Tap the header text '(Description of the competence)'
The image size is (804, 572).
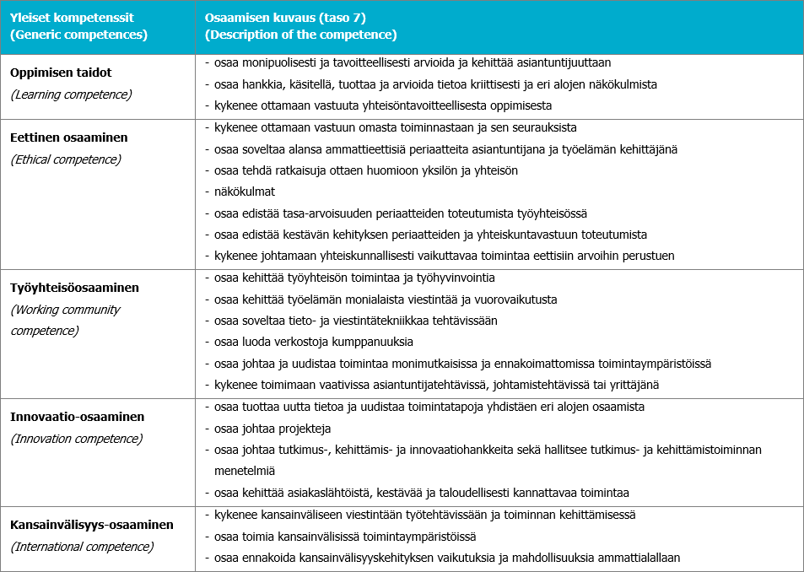tap(300, 35)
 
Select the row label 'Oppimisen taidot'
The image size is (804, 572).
tap(61, 73)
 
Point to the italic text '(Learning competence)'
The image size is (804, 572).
tap(71, 94)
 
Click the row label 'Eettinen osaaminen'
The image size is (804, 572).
tap(69, 137)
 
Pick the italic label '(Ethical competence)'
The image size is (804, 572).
tap(66, 159)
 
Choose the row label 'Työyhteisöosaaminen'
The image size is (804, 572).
tap(74, 288)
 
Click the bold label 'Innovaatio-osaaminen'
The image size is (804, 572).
tap(78, 417)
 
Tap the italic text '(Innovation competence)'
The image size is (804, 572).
tap(76, 439)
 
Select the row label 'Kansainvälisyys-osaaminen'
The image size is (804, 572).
tap(92, 525)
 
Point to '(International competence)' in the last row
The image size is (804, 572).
tap(82, 547)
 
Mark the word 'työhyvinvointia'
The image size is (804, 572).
tap(454, 278)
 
